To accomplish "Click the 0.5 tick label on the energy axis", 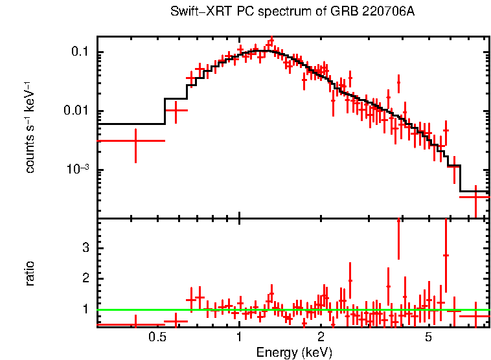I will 157,337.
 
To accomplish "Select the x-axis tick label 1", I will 239,337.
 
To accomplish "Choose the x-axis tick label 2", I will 321,337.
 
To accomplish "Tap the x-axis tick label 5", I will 429,337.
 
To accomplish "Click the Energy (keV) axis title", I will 294,352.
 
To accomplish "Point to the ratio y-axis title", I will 30,273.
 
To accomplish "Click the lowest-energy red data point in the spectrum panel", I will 135,141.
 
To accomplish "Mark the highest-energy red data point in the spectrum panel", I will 475,196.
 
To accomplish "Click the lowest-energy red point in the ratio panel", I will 135,324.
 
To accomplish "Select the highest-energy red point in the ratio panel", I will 475,316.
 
